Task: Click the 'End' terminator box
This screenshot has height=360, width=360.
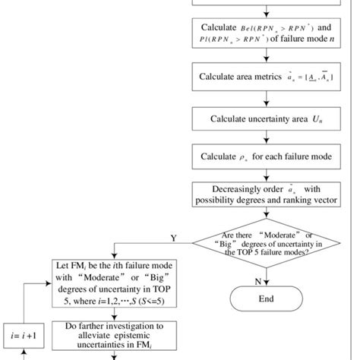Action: (x=267, y=298)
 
